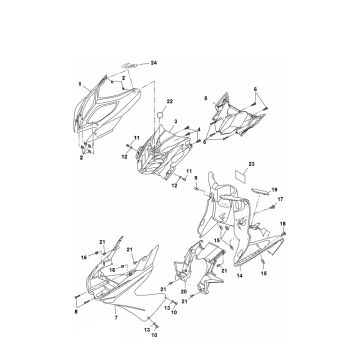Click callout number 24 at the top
pos(155,63)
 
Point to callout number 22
pos(170,103)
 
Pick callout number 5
pos(206,98)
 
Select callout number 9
pos(196,179)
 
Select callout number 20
pos(183,291)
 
